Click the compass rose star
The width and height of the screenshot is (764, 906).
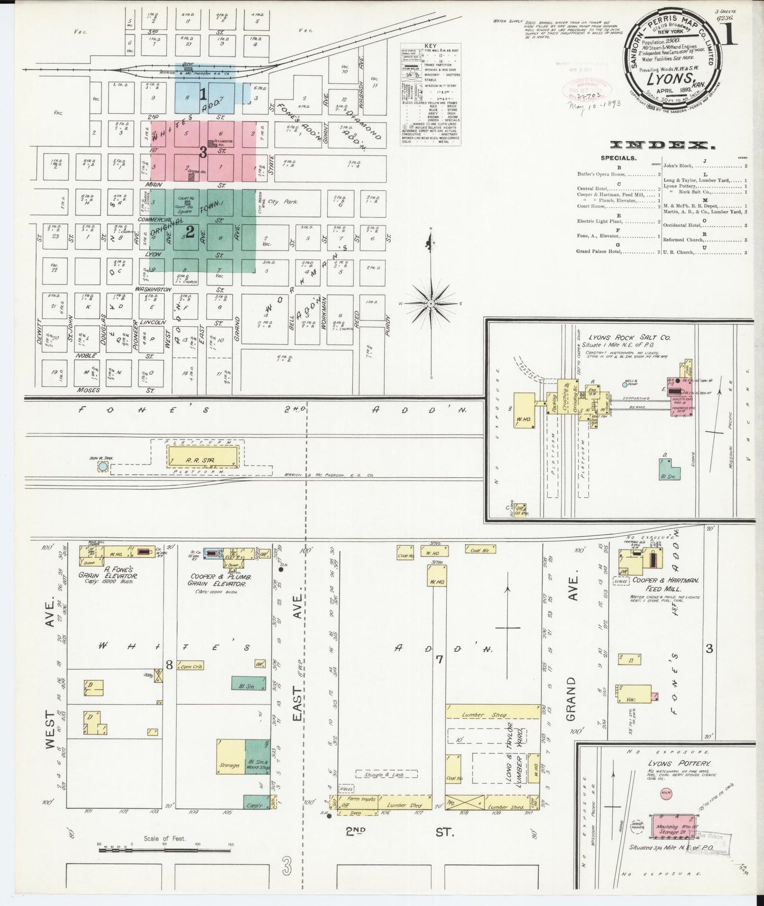pyautogui.click(x=431, y=304)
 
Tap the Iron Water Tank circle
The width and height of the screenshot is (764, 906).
pyautogui.click(x=103, y=467)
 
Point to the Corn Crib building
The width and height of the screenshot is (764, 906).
pyautogui.click(x=191, y=667)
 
